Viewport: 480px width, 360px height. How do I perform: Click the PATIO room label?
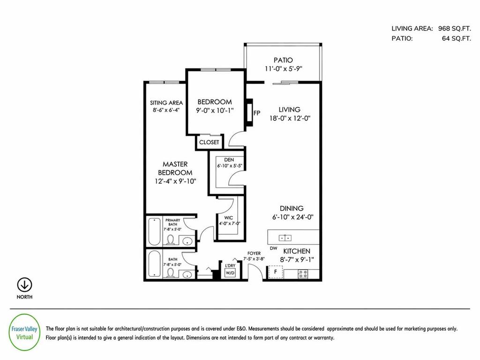coord(283,60)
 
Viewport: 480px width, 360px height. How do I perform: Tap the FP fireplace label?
coord(257,113)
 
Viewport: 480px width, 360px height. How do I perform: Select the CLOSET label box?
coord(209,142)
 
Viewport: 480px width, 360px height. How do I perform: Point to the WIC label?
coord(228,218)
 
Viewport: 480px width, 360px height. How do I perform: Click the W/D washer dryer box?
coord(230,272)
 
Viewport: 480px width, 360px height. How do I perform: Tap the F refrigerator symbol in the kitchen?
coord(275,272)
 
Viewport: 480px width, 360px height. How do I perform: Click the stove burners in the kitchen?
coord(303,273)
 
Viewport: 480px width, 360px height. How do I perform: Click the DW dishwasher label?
coord(273,248)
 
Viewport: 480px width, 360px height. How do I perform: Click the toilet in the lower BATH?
coord(171,272)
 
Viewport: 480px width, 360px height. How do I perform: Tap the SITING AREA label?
coord(166,103)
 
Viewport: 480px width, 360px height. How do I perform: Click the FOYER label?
coord(255,253)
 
